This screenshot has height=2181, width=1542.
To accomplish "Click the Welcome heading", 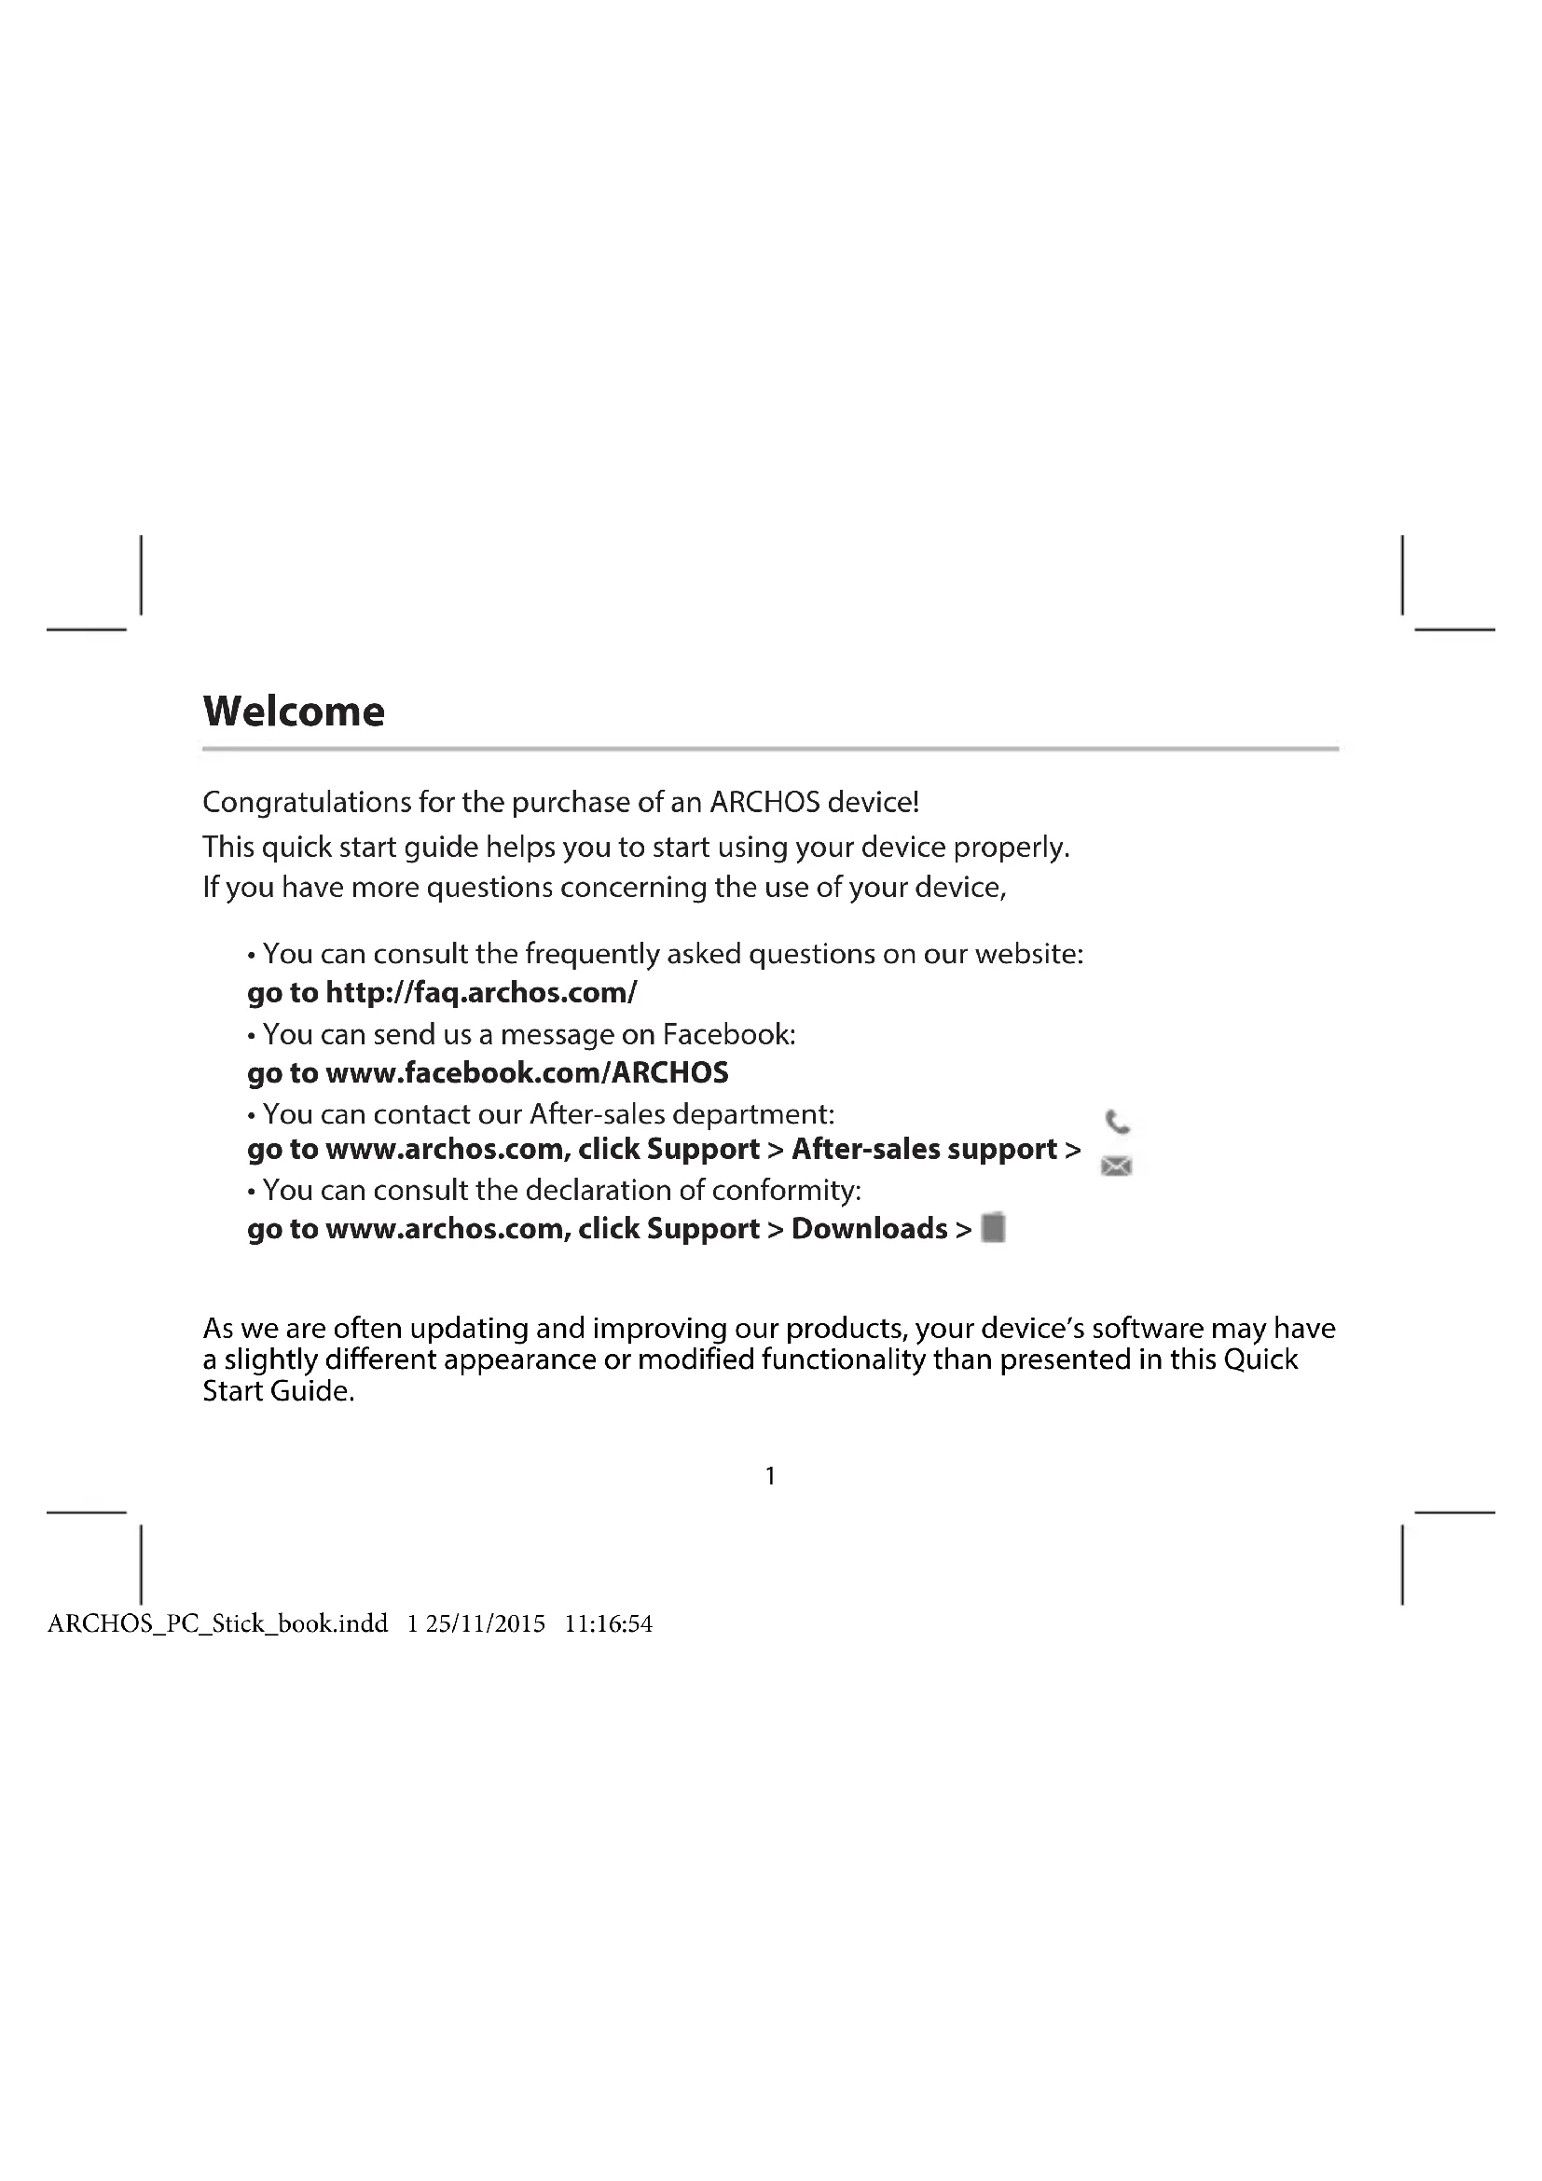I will coord(294,711).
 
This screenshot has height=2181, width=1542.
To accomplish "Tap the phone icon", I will coord(1118,1122).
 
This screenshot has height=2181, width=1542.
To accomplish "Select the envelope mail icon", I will coord(1117,1166).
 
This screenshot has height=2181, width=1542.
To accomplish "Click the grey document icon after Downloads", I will coord(993,1227).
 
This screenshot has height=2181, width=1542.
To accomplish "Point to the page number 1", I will coord(770,1475).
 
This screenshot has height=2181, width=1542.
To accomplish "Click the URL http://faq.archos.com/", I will coord(481,993).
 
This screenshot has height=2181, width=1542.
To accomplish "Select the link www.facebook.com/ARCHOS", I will coord(527,1072).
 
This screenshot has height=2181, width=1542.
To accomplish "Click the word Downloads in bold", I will coord(870,1228).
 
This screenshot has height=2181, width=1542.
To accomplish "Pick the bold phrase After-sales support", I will coord(925,1149).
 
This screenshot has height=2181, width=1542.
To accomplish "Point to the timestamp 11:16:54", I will coord(609,1623).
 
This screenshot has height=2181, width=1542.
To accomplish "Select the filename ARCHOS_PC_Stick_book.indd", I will coord(217,1623).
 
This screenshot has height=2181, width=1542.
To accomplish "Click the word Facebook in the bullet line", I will coord(728,1033).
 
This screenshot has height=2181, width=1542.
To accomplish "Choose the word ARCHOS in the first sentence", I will coord(764,803).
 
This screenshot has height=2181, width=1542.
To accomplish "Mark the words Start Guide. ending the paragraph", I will coord(278,1391).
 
